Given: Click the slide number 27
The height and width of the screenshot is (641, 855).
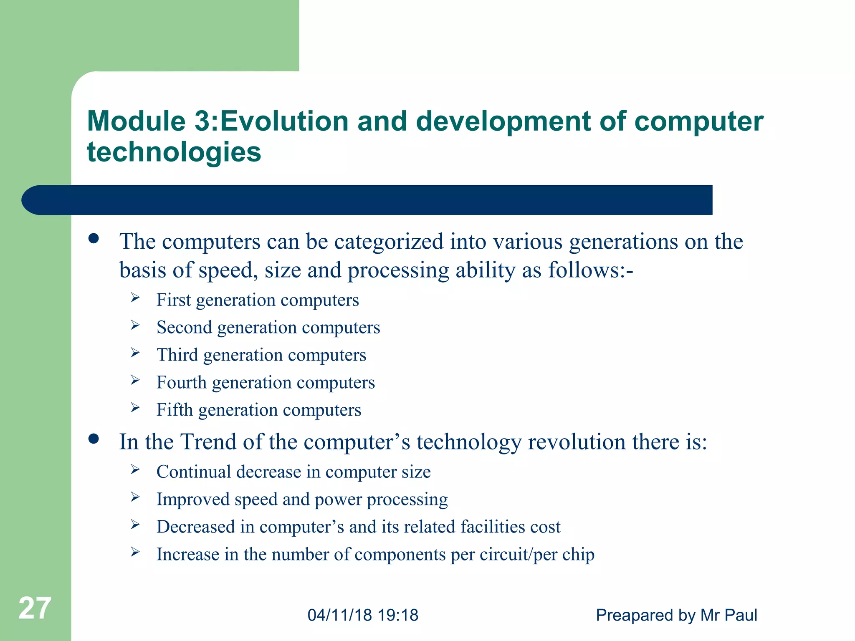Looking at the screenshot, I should click(35, 608).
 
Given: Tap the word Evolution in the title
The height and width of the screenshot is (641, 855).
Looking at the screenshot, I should click(284, 121).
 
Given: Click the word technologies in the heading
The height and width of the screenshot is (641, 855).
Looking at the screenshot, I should click(174, 152).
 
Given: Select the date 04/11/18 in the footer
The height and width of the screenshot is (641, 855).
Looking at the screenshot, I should click(339, 615).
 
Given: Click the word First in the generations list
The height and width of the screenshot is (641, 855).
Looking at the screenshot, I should click(173, 300).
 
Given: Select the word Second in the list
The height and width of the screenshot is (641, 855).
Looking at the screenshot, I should click(184, 327).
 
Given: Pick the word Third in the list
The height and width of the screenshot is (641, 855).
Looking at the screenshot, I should click(177, 355).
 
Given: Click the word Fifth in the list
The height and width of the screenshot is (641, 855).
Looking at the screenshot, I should click(175, 410).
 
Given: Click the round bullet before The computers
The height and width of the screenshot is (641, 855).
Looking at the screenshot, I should click(94, 238).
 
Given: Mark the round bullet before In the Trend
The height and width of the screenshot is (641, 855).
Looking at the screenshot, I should click(94, 439).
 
